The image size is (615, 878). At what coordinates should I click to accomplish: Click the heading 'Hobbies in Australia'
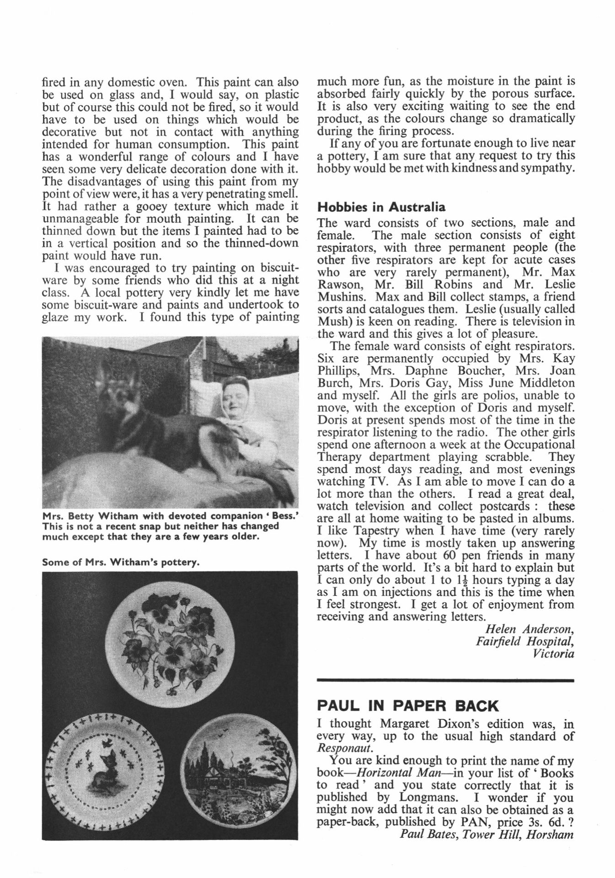point(381,207)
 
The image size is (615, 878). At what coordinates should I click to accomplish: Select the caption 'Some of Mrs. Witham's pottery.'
point(121,562)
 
